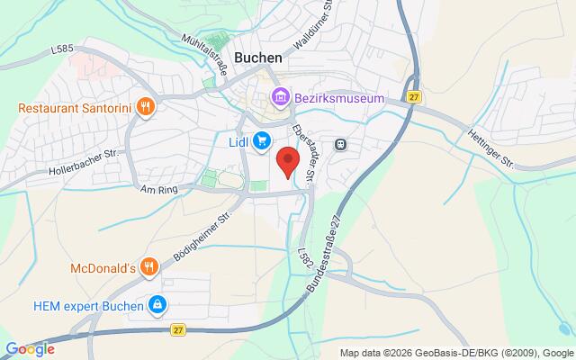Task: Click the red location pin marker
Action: coord(287,162)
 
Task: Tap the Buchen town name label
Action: coord(258,56)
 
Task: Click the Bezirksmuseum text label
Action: coord(338,97)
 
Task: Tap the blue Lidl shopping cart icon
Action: coord(261,140)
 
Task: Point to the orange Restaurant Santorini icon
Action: coord(148,108)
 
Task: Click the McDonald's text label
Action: coord(103,267)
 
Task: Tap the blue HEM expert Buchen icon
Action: coord(157,306)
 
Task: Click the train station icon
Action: coord(341,143)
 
